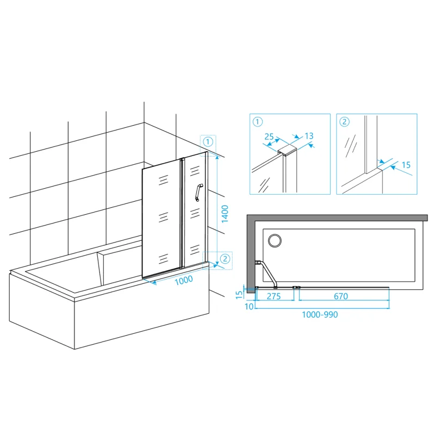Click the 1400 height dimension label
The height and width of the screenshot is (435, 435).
(225, 214)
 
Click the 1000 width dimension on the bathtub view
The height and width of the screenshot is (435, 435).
(184, 279)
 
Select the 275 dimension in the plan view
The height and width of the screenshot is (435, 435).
(274, 296)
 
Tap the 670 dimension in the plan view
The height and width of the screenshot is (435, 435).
(341, 296)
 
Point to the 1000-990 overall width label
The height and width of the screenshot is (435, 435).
(320, 315)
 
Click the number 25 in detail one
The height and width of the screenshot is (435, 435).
(269, 136)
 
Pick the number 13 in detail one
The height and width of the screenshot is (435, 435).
(309, 136)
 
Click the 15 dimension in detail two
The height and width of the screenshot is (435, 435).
(406, 165)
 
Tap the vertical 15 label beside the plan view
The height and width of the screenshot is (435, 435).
(239, 295)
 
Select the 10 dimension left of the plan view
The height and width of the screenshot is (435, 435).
(249, 306)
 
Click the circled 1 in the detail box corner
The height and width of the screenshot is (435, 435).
(258, 121)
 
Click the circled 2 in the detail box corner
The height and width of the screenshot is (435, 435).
(344, 121)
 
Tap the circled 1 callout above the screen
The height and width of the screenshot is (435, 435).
(208, 142)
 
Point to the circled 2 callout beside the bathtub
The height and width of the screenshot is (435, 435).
(225, 259)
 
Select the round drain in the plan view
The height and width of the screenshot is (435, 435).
(275, 240)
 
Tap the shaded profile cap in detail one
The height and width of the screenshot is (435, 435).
(288, 150)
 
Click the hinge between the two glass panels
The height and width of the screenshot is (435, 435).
(182, 213)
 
